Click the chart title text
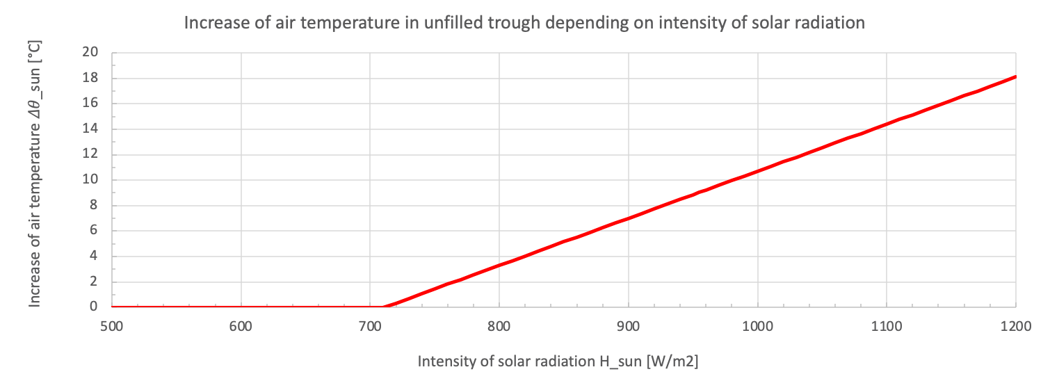(x=524, y=22)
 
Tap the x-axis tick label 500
(x=112, y=325)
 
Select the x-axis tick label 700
(x=370, y=325)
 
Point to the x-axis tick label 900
(x=628, y=325)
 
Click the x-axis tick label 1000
(x=757, y=325)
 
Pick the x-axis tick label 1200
(x=1015, y=325)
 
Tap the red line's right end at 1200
(x=1015, y=76)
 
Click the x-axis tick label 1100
(x=886, y=325)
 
